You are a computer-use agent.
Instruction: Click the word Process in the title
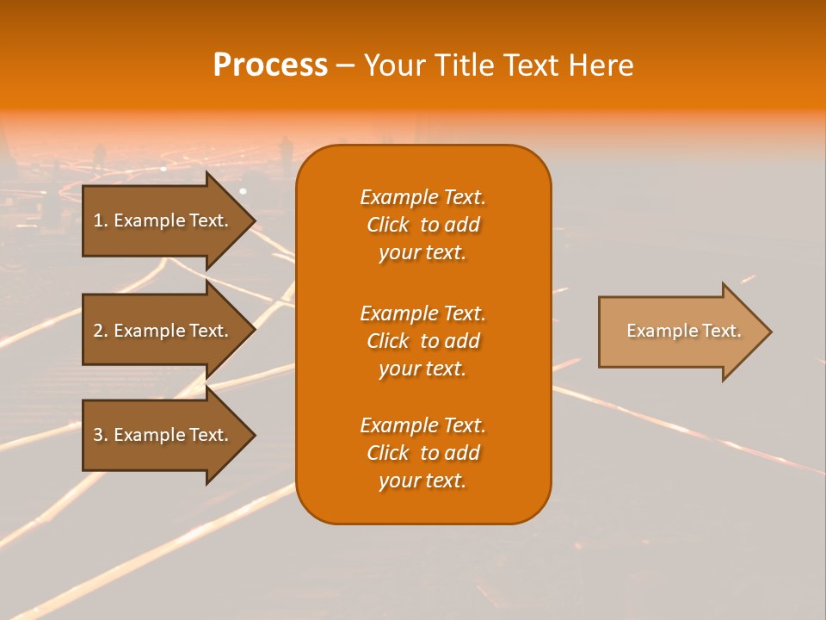click(x=270, y=65)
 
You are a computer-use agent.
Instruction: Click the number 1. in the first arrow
click(x=101, y=220)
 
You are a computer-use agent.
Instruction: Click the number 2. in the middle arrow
click(x=101, y=331)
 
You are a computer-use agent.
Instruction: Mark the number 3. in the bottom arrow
click(x=101, y=435)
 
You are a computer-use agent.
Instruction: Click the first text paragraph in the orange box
click(x=422, y=225)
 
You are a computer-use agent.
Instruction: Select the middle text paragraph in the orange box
click(x=422, y=341)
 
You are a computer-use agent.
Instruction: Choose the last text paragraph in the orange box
click(x=422, y=453)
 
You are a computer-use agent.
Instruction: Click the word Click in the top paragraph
click(x=387, y=225)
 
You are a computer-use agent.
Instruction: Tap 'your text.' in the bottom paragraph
click(x=422, y=481)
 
